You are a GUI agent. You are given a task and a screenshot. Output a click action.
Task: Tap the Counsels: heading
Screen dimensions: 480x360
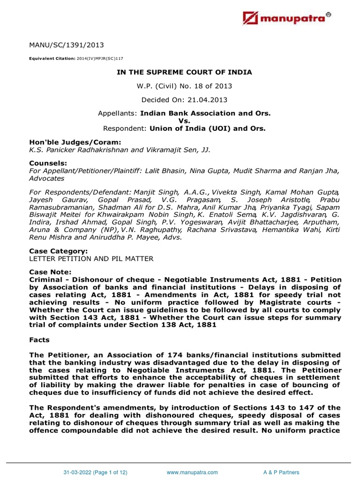point(46,163)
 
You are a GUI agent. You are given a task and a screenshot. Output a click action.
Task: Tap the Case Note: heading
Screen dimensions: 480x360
point(50,272)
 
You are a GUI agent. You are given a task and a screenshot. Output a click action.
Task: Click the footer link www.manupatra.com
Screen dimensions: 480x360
point(192,472)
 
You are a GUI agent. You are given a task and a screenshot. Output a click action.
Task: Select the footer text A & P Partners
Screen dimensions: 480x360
point(281,472)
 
